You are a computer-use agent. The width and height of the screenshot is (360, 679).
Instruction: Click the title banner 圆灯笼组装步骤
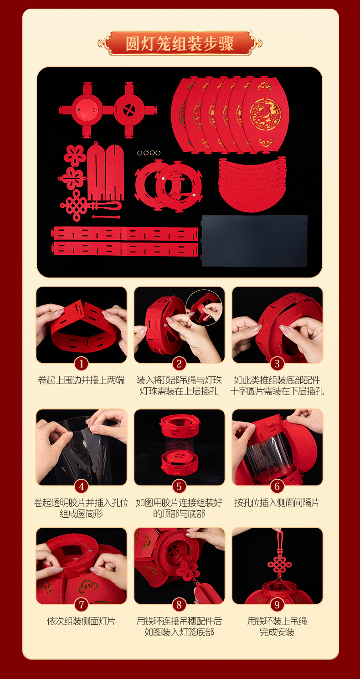pos(180,43)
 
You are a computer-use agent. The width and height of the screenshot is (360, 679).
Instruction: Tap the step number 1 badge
pos(81,364)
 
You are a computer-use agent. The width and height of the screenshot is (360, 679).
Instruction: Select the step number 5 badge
pos(179,486)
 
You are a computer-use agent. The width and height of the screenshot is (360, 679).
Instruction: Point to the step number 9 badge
pos(277,605)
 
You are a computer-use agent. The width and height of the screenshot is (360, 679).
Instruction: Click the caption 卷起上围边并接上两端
pos(81,380)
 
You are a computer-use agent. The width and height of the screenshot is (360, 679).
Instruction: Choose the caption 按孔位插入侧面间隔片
pos(277,503)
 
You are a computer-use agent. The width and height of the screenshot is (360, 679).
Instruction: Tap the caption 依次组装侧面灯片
pos(81,621)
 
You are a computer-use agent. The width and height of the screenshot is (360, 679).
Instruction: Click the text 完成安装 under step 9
pos(277,632)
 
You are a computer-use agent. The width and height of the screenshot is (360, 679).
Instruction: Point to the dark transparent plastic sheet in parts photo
pos(255,241)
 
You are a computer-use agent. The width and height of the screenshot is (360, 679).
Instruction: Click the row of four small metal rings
pos(149,153)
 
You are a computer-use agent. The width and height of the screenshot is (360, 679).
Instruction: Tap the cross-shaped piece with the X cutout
pos(130,109)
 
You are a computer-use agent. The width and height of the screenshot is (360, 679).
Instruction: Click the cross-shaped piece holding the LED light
pos(87,110)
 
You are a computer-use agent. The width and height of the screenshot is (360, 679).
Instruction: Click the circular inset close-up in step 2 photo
pos(204,308)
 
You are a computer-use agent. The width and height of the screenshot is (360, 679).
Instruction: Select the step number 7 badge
pos(81,605)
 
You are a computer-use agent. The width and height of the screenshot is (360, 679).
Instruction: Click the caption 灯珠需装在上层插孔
pos(179,391)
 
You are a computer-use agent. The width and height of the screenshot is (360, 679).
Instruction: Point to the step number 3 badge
pos(277,364)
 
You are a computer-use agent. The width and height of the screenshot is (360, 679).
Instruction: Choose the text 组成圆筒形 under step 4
pos(81,514)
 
